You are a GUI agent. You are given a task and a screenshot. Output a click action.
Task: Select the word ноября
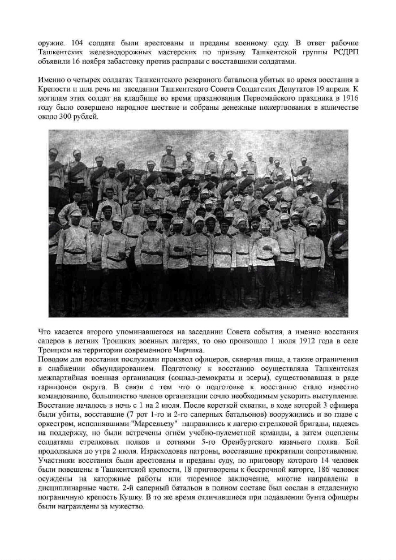click(x=92, y=61)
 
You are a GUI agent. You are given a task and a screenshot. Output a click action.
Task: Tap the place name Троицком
click(x=55, y=351)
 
